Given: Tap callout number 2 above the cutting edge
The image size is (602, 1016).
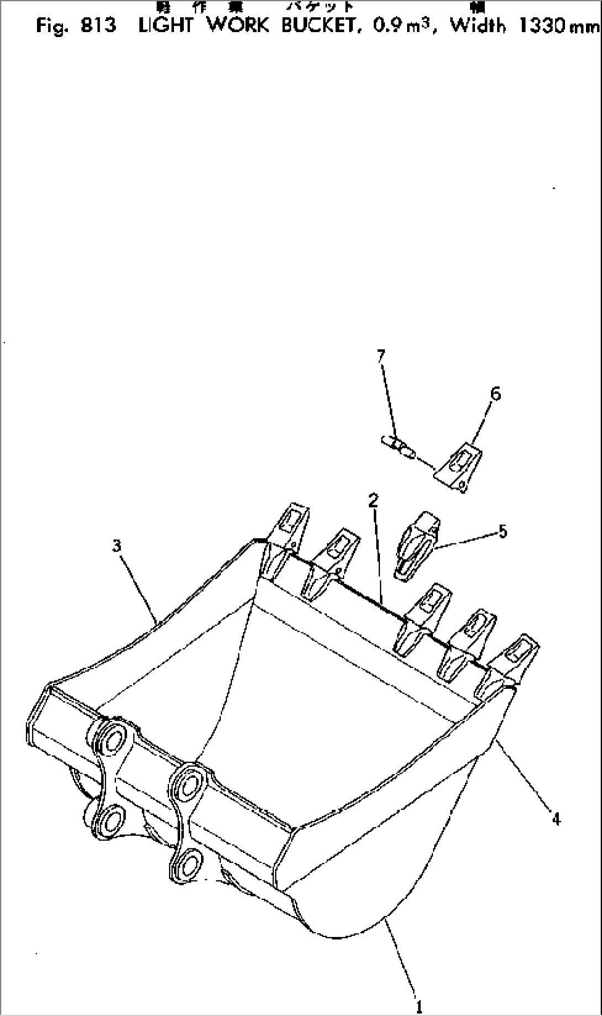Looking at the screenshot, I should click(374, 501).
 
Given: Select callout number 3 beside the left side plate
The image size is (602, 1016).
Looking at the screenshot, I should click(117, 546).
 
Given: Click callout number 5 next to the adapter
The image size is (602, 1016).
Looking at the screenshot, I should click(502, 532).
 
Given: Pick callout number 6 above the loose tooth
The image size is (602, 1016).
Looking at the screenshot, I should click(495, 394).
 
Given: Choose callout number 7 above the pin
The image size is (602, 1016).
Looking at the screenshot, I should click(381, 355).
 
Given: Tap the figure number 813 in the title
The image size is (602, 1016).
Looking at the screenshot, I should click(98, 26).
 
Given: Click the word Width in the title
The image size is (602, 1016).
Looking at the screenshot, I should click(477, 26).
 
